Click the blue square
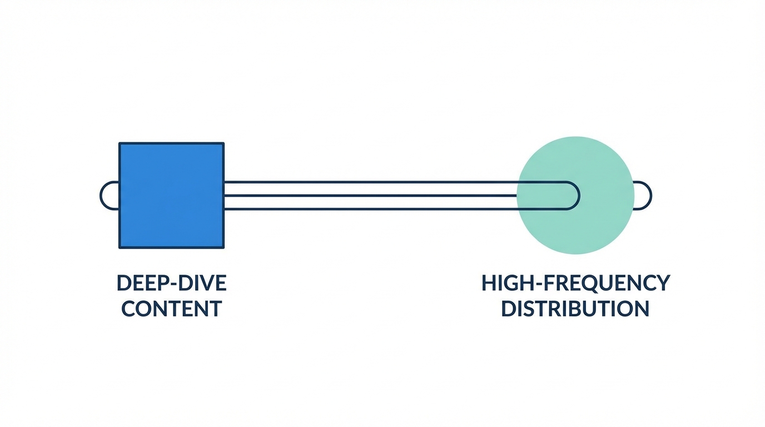(x=171, y=195)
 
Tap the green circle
(x=575, y=195)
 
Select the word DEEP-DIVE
(x=171, y=283)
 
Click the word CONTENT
(x=171, y=309)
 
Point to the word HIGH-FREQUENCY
(x=575, y=283)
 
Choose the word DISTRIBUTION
(x=575, y=309)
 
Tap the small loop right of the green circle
(x=643, y=196)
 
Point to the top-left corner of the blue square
(x=120, y=143)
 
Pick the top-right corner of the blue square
(x=223, y=143)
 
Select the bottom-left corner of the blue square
(x=120, y=247)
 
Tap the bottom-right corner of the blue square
(x=223, y=247)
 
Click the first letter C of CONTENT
(x=129, y=309)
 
